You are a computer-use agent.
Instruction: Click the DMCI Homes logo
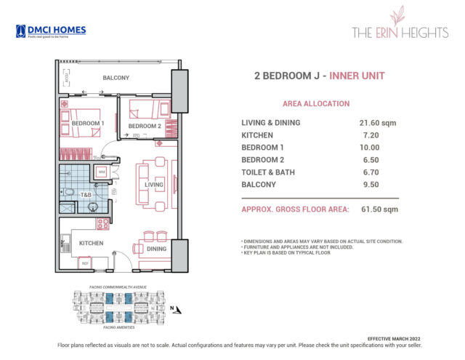pos(51,31)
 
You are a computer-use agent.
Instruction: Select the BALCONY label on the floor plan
pos(116,78)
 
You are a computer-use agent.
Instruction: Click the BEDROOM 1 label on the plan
pos(88,124)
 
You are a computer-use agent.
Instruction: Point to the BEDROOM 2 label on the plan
pos(144,126)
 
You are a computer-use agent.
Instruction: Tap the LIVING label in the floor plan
pos(154,185)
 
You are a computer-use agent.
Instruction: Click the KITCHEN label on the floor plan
pos(92,243)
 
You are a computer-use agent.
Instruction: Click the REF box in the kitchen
pos(85,263)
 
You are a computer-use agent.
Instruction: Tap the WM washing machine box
pos(102,172)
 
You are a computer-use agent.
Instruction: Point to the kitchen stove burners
pos(102,223)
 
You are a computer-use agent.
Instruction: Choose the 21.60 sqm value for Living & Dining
pos(375,123)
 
